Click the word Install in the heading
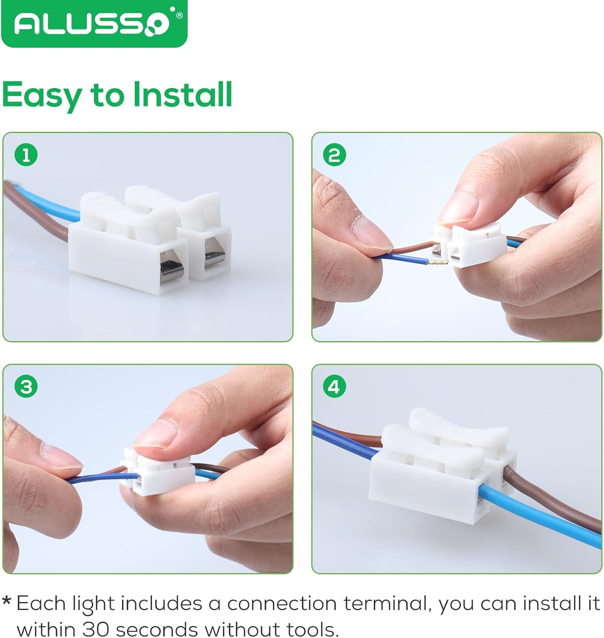[183, 94]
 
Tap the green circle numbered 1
[26, 155]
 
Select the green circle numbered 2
[334, 155]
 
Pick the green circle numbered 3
[26, 387]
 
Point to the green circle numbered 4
[334, 387]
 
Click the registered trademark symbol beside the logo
[179, 15]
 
